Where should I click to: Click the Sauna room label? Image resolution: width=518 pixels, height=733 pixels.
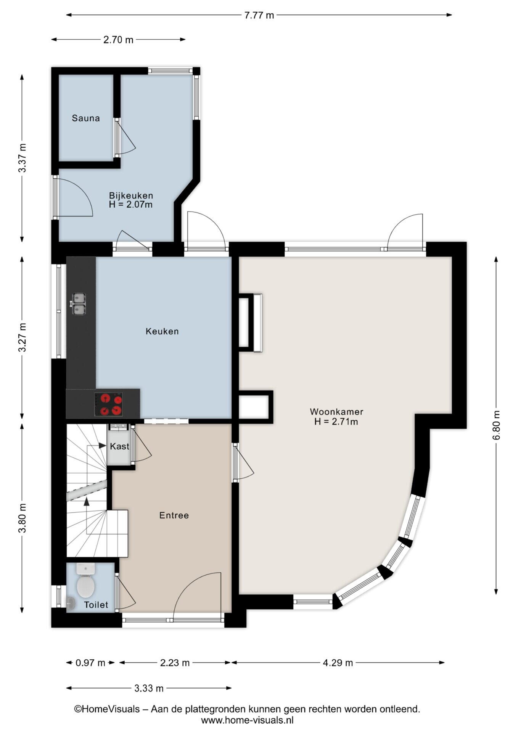pos(86,118)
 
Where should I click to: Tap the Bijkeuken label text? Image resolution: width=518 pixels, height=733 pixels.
pos(131,195)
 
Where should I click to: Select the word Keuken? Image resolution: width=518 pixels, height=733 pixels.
pos(162,331)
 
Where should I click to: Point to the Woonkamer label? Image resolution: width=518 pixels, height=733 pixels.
pos(336,412)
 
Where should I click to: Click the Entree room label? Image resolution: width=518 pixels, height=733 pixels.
pos(174,515)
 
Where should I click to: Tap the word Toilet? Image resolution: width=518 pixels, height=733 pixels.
pos(96,605)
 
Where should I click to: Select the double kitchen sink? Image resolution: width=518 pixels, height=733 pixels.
pos(79,304)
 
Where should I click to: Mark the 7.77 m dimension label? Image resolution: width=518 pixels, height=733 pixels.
pos(259,15)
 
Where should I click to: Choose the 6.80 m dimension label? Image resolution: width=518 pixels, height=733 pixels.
pos(496,425)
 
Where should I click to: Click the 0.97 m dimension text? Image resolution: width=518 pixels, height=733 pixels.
pos(90,663)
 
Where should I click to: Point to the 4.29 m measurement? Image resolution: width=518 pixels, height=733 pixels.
pos(338,663)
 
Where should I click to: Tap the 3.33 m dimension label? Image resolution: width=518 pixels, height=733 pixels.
pos(149,688)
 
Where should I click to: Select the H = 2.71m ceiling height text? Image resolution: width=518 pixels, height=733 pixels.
pos(336,422)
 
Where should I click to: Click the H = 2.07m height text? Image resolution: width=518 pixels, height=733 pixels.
pos(131,205)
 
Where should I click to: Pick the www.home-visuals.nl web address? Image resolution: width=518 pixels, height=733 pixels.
pos(247,720)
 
